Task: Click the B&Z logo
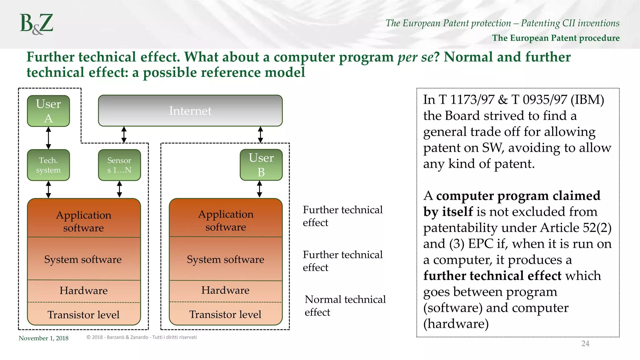(x=37, y=24)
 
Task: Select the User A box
(x=48, y=111)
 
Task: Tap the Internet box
(x=190, y=111)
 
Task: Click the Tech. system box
(x=48, y=165)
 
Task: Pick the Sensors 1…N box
(x=119, y=165)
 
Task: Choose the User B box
(x=261, y=165)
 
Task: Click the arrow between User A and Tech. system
(x=48, y=138)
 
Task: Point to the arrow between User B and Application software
(x=260, y=189)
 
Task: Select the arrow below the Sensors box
(x=119, y=189)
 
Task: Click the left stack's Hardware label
(x=84, y=291)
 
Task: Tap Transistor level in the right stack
(x=225, y=314)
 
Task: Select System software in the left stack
(x=83, y=259)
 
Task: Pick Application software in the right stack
(x=226, y=221)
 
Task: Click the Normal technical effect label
(x=345, y=306)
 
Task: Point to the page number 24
(x=585, y=343)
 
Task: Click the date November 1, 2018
(x=43, y=338)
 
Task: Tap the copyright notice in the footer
(x=142, y=337)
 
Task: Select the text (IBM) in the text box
(x=587, y=100)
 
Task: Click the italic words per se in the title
(x=415, y=57)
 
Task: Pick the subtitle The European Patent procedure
(x=556, y=38)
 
